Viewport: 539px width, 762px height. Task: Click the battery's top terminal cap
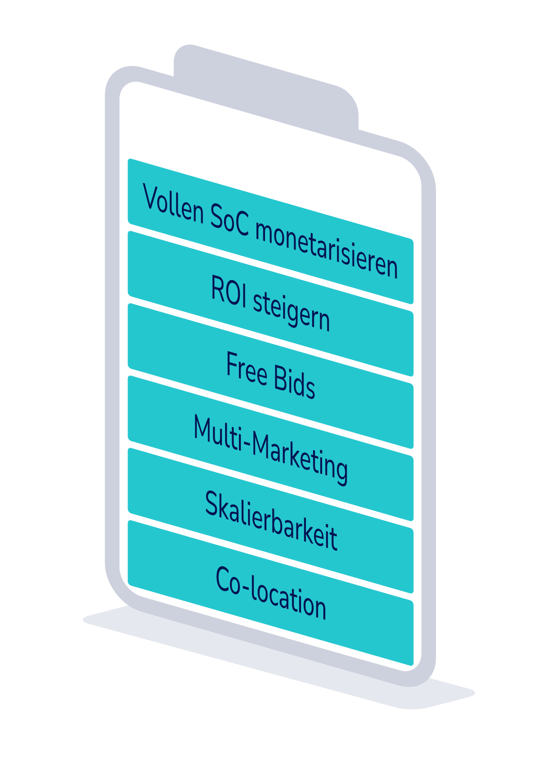coord(265,85)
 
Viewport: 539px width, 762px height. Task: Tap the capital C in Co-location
coord(223,579)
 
